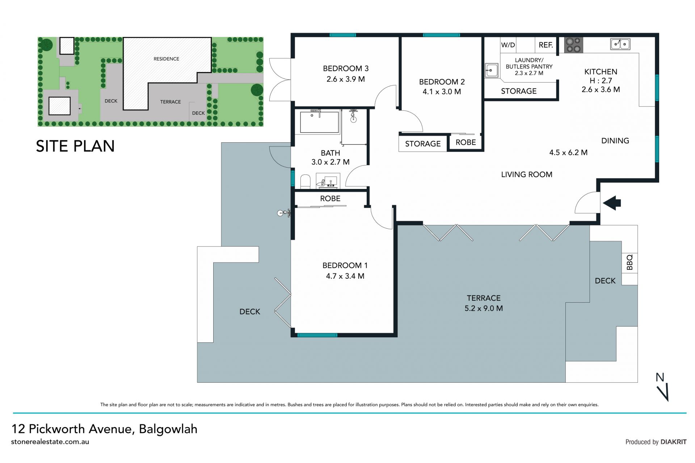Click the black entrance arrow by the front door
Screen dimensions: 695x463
(x=612, y=203)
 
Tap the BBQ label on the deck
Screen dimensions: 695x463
(x=629, y=262)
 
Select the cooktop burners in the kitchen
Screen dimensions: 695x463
(x=574, y=45)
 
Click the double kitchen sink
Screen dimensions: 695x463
(x=620, y=44)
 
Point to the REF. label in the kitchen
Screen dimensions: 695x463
(x=546, y=45)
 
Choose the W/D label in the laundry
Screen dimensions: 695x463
(x=508, y=45)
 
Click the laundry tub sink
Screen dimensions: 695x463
(x=492, y=70)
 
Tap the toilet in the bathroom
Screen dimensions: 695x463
(x=306, y=181)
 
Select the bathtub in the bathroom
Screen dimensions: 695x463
(x=319, y=122)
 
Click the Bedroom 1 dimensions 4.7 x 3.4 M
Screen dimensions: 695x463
(x=345, y=276)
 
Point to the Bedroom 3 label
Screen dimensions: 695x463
(x=346, y=68)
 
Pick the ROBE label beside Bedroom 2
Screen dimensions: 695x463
(x=466, y=142)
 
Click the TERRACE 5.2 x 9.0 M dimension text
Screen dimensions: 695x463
(x=484, y=308)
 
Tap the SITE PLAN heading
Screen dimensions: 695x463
(x=75, y=146)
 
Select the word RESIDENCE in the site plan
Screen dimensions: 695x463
(x=166, y=59)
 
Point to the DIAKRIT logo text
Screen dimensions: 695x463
(x=673, y=442)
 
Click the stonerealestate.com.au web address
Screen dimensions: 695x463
(x=50, y=442)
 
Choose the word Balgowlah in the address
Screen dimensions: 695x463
(x=168, y=429)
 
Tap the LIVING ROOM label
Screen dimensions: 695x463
(x=527, y=174)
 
